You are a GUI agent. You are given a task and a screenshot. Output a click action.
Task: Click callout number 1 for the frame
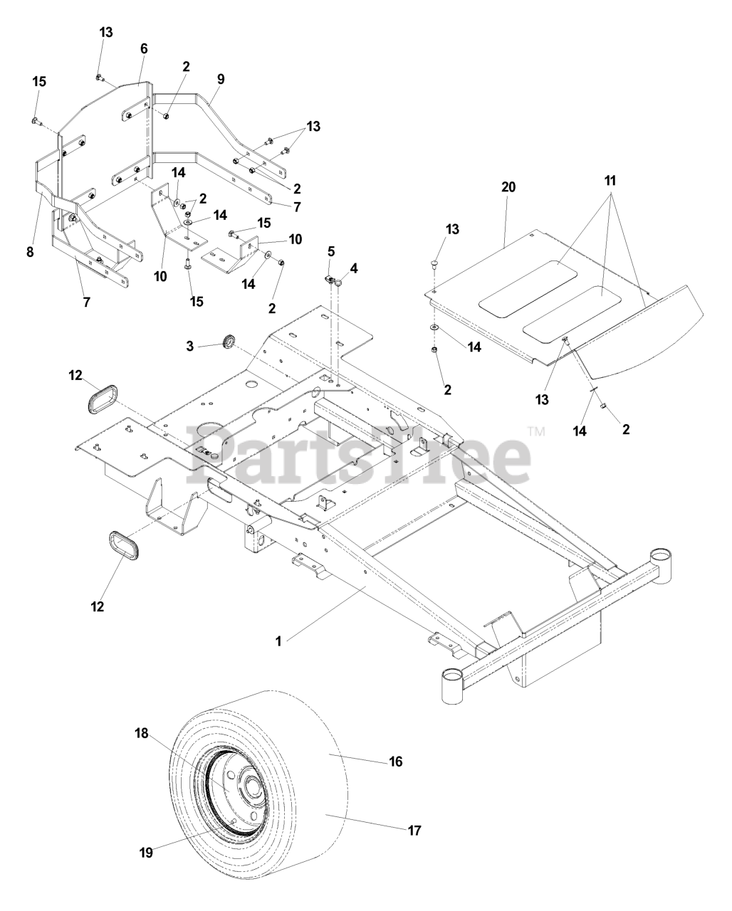coord(279,641)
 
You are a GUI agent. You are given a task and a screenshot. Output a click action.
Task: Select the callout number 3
coord(189,345)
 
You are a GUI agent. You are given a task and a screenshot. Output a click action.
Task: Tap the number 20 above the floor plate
coord(508,187)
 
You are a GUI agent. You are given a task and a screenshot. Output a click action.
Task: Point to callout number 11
coord(610,181)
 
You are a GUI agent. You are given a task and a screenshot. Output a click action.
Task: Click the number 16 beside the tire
coord(396,762)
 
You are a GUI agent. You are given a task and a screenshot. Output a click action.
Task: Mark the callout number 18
coord(142,734)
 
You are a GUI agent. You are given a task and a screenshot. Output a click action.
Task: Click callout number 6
coord(144,48)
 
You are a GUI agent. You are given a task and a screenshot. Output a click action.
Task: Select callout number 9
coord(221,78)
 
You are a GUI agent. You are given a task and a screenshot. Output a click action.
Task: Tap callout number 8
coord(30,251)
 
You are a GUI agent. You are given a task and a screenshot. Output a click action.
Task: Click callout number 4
coord(354,268)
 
